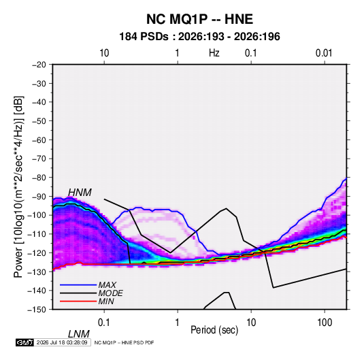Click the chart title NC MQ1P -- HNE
(199, 19)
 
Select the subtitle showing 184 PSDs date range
(199, 37)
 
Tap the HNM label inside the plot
(80, 193)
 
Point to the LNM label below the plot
(79, 334)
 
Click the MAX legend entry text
(107, 284)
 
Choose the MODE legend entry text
(110, 293)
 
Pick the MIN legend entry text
(106, 301)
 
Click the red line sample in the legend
(78, 301)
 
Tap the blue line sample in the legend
(78, 285)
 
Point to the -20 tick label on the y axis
(39, 65)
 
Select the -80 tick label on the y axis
(39, 178)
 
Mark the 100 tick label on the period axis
(325, 323)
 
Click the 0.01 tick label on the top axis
(324, 53)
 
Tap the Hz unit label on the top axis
(214, 53)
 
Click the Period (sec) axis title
(214, 330)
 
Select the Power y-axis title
(18, 187)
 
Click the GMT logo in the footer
(25, 342)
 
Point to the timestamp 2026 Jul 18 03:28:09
(62, 342)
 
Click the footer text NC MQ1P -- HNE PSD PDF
(124, 342)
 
